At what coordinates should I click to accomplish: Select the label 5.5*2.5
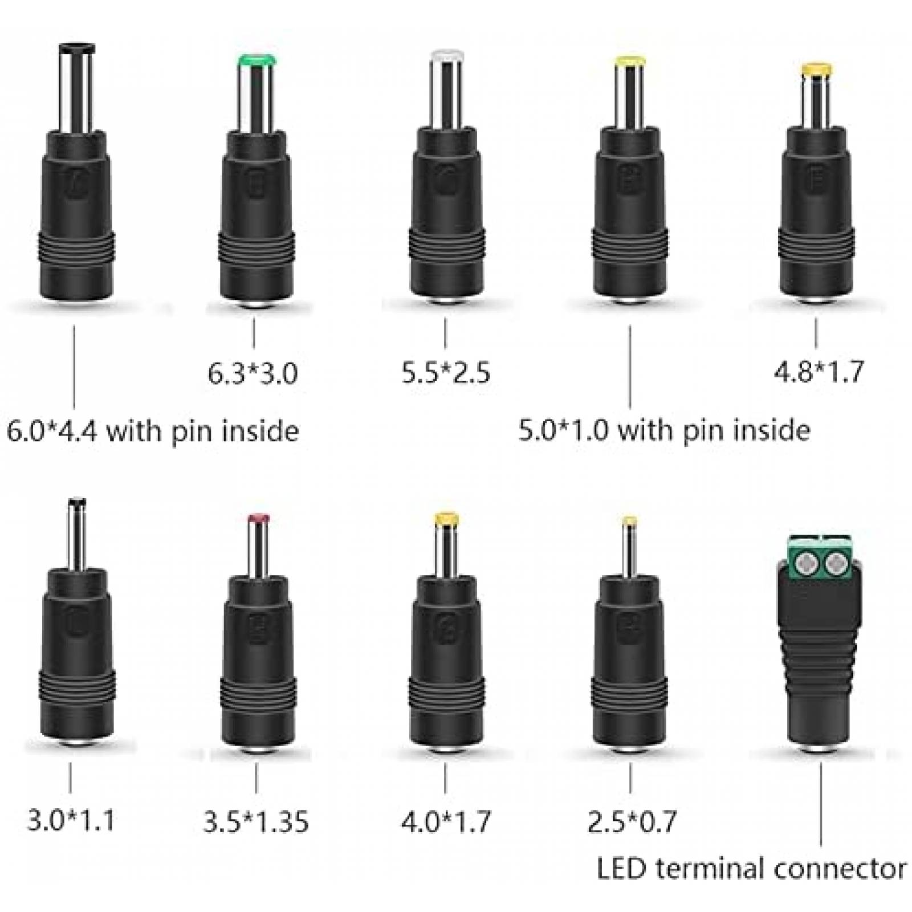tap(446, 373)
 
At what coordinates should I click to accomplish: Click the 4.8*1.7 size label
tap(818, 372)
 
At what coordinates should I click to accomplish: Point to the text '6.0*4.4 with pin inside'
tap(153, 431)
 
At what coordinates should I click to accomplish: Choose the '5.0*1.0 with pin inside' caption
tap(664, 430)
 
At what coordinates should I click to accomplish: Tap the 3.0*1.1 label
tap(71, 821)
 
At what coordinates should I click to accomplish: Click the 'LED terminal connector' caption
tap(751, 870)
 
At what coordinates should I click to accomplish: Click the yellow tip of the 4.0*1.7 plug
tap(447, 519)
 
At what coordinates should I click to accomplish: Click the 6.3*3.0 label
tap(253, 374)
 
